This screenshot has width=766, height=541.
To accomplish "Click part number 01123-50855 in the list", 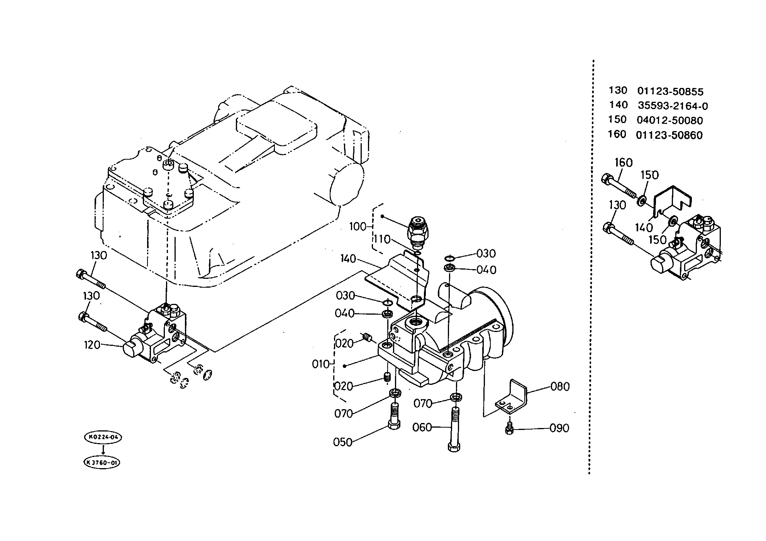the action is pyautogui.click(x=670, y=91).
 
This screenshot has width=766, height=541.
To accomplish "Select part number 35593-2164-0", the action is pyautogui.click(x=673, y=106).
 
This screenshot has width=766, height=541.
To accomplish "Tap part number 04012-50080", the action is pyautogui.click(x=670, y=120).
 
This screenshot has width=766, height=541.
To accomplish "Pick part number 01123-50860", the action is pyautogui.click(x=669, y=135).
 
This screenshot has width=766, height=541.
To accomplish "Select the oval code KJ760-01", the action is pyautogui.click(x=102, y=463).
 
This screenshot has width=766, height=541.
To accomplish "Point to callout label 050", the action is pyautogui.click(x=343, y=442).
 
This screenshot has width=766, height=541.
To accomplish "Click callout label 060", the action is pyautogui.click(x=422, y=427).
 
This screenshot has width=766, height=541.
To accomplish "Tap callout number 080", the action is pyautogui.click(x=560, y=386).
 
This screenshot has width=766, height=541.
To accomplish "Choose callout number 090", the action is pyautogui.click(x=559, y=428).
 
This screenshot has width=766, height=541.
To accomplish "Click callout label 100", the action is pyautogui.click(x=358, y=226).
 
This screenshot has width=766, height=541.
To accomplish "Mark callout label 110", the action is pyautogui.click(x=382, y=239).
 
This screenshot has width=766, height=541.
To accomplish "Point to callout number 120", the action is pyautogui.click(x=92, y=345).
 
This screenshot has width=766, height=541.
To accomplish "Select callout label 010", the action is pyautogui.click(x=321, y=364).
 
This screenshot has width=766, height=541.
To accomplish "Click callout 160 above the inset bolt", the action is pyautogui.click(x=624, y=163).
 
